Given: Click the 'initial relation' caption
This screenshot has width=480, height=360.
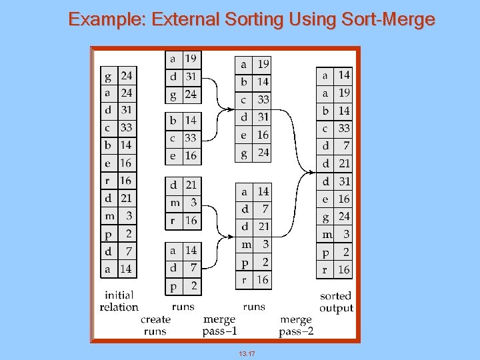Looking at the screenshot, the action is [119, 301].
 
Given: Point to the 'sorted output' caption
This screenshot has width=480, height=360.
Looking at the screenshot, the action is [335, 301].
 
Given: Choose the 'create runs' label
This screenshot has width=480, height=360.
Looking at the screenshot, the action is [155, 325].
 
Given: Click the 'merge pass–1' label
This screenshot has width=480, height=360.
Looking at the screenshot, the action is [221, 325].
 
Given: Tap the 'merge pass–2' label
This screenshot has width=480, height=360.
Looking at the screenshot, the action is [296, 325].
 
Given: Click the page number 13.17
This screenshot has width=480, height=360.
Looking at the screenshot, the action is [247, 353].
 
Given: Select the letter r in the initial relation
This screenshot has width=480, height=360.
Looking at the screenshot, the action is [108, 181].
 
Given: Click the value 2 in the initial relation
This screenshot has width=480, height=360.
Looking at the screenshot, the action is [128, 233].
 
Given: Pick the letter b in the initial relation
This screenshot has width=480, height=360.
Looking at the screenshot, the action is [108, 145].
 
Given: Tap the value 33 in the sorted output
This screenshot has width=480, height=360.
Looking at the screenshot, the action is [343, 128].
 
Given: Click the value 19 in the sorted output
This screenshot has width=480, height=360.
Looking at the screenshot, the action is [343, 93].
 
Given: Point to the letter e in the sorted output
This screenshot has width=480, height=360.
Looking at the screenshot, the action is [325, 199].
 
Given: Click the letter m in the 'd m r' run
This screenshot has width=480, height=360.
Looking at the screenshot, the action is [175, 203].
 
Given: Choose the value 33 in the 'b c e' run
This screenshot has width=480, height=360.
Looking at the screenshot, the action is [191, 138].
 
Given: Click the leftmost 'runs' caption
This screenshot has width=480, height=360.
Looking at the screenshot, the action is [183, 307].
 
